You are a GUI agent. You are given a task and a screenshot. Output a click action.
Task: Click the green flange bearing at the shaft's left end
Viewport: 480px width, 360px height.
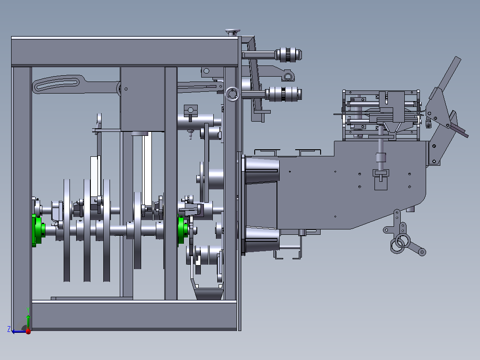[x=37, y=230]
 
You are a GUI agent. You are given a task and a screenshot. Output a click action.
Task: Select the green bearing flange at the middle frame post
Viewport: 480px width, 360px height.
[x=182, y=230]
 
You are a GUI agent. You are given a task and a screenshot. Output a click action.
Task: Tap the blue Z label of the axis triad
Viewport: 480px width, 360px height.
[x=9, y=329]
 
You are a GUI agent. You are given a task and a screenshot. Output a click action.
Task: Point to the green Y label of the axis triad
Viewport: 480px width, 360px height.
[x=28, y=310]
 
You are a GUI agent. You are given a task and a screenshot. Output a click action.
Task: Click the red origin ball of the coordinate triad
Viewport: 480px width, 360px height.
[x=28, y=331]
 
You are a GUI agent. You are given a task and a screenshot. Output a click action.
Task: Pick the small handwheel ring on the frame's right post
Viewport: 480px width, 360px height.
[x=232, y=94]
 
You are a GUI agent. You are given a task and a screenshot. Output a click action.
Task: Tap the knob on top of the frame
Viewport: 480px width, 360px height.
[x=233, y=32]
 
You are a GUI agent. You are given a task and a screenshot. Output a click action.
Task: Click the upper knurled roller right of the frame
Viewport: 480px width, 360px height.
[x=289, y=55]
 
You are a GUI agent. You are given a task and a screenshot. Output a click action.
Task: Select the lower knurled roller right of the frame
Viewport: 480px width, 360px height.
[x=284, y=94]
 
